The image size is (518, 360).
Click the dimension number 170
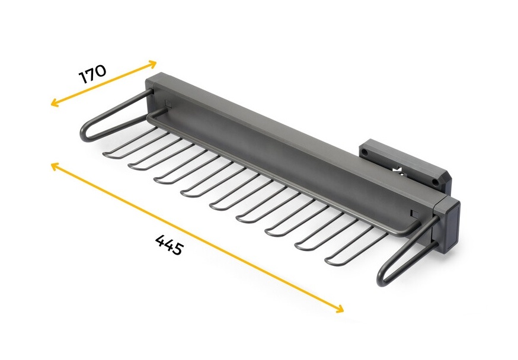(92, 74)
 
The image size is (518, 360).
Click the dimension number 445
(169, 245)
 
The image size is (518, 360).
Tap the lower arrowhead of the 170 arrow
(54, 103)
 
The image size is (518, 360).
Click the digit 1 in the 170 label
(82, 79)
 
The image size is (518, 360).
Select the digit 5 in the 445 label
(176, 249)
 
